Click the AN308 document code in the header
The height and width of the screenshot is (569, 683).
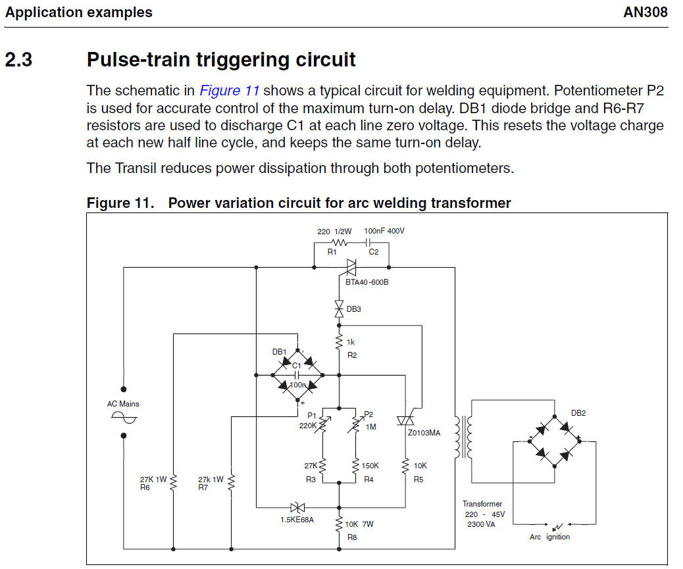coord(645,12)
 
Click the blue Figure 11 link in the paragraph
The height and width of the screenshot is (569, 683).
coord(230,91)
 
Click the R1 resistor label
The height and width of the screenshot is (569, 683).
coord(332,251)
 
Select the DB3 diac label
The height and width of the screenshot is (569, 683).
coord(353,309)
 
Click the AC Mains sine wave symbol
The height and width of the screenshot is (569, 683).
coord(124,418)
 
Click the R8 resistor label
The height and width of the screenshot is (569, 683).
coord(352,537)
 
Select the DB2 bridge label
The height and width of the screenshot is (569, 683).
coord(578,413)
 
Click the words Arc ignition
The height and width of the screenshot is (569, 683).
coord(550,537)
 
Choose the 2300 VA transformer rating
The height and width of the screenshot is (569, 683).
coord(482,524)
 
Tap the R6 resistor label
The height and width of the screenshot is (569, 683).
coord(144,488)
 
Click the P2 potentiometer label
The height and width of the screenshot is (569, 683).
coord(368,414)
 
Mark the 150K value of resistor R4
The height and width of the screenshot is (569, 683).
coord(370,466)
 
